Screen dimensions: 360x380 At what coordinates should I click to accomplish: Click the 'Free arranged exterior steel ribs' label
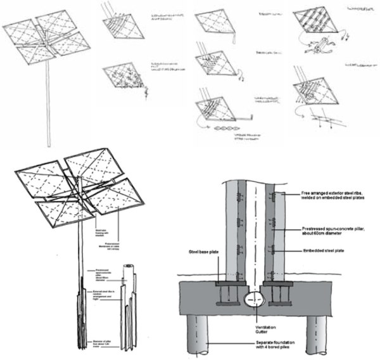[x=334, y=194]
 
